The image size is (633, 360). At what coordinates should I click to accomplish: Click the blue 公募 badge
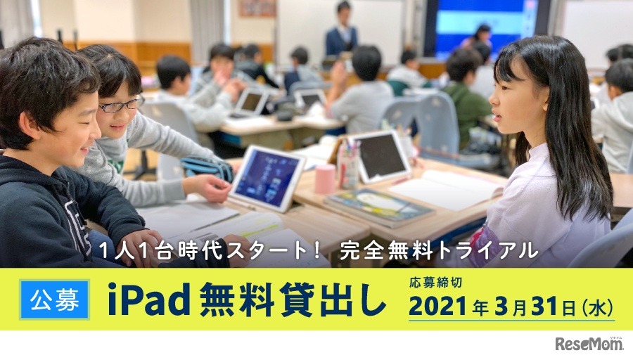[x=54, y=300]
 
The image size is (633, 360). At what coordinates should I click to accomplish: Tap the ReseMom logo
[x=589, y=343]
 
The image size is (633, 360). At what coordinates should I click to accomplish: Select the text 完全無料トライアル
[x=439, y=250]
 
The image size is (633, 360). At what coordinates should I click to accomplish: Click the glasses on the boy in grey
[x=121, y=105]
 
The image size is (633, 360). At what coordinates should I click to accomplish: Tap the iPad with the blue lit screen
[x=267, y=178]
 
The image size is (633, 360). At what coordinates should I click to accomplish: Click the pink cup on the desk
[x=326, y=179]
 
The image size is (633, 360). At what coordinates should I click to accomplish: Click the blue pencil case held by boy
[x=207, y=168]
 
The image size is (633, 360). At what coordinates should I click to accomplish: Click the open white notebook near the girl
[x=446, y=189]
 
